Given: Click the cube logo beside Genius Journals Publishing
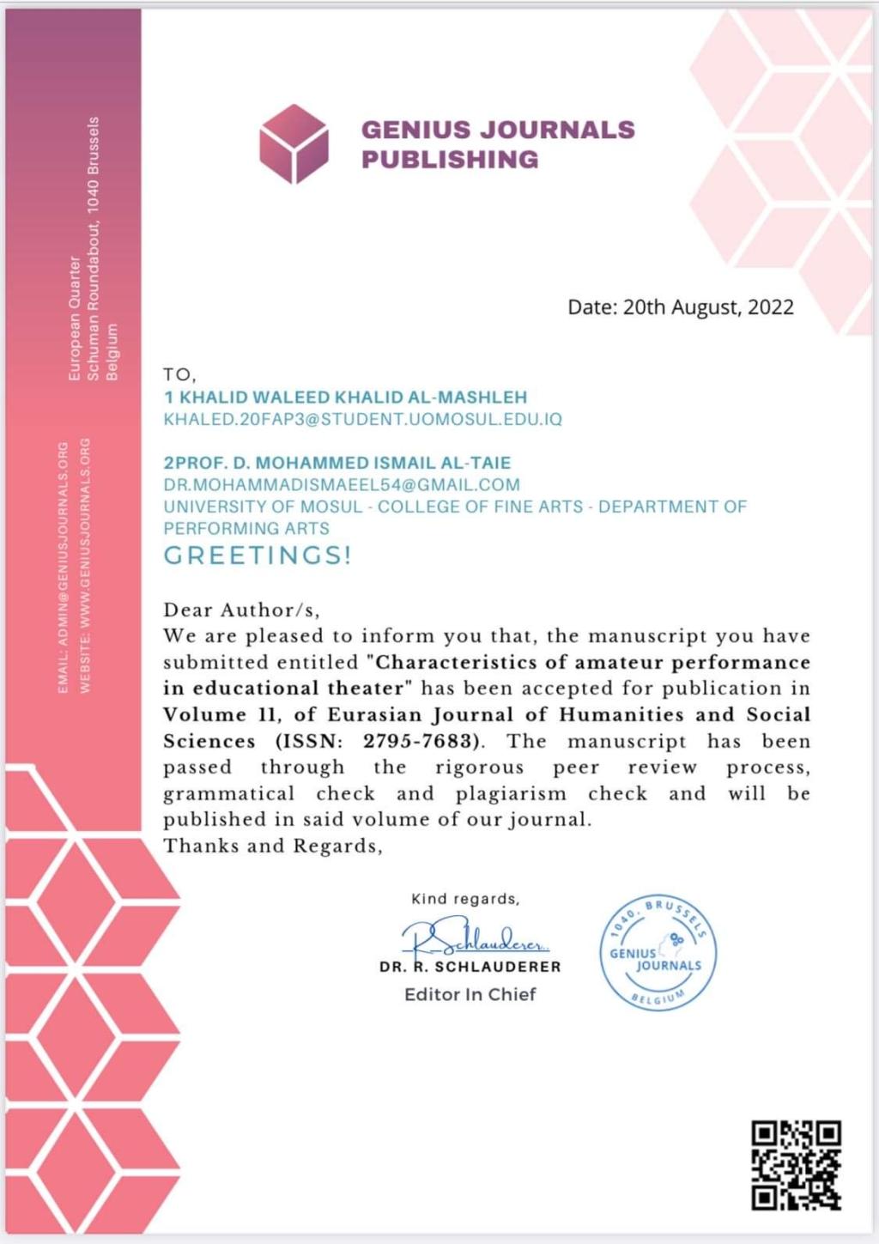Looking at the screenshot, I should [x=294, y=144].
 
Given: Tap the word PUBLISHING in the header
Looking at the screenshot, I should [x=450, y=160].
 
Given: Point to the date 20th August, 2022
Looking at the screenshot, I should [x=681, y=307].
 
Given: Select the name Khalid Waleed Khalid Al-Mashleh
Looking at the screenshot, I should [x=345, y=397].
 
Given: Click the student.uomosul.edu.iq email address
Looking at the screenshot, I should [x=362, y=420].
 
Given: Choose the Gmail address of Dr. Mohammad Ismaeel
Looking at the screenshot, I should [x=342, y=485].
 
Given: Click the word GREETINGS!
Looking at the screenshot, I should [x=258, y=555].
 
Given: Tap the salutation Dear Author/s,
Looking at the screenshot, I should [x=241, y=610].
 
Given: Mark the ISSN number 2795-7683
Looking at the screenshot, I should [x=418, y=741].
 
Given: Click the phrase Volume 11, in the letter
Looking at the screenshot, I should [x=222, y=714].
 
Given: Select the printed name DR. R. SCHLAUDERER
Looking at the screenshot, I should [x=470, y=967].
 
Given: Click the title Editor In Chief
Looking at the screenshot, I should [x=470, y=994].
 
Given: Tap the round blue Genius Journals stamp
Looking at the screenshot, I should [x=658, y=953].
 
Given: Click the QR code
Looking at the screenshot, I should [x=796, y=1165].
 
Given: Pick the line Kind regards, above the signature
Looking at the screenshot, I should [x=465, y=899].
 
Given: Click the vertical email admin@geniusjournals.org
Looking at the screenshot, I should [x=63, y=567].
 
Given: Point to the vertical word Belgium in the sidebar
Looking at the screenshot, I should [x=112, y=352].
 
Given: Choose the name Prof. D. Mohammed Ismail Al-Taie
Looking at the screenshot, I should [x=336, y=463].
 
